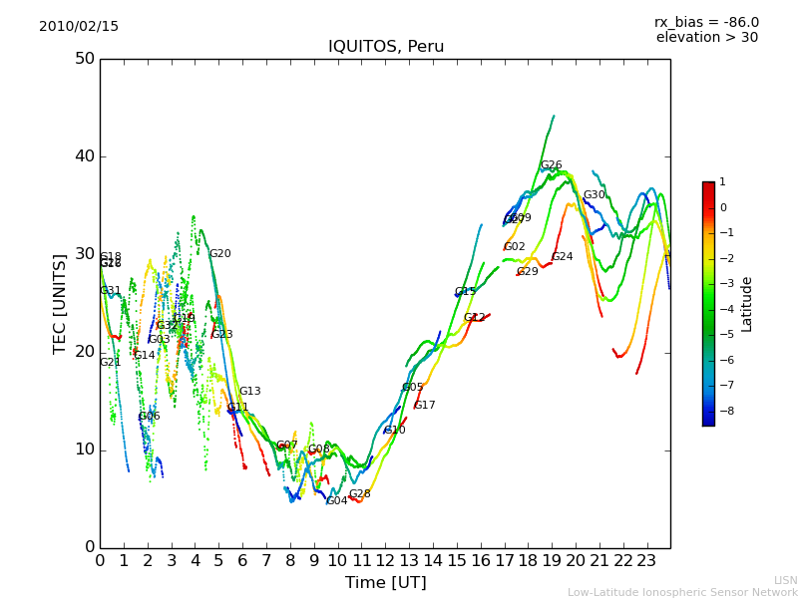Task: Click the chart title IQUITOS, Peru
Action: click(x=386, y=47)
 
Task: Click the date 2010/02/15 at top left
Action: click(x=79, y=27)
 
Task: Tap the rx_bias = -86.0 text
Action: click(x=706, y=22)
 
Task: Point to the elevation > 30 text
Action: click(x=706, y=38)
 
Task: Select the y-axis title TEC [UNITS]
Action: click(x=61, y=303)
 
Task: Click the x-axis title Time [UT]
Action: click(x=385, y=582)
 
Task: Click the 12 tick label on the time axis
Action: click(x=385, y=561)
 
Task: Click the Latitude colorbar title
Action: click(x=747, y=304)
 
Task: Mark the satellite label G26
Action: click(x=551, y=165)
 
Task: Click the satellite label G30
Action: click(x=594, y=195)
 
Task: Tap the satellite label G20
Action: click(x=219, y=254)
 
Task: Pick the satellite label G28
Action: click(x=359, y=494)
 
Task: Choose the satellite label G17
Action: click(x=424, y=406)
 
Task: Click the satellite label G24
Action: click(x=562, y=257)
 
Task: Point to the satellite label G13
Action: click(x=249, y=392)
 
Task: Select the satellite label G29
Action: click(x=527, y=272)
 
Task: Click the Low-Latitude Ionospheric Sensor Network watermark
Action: click(x=682, y=592)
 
